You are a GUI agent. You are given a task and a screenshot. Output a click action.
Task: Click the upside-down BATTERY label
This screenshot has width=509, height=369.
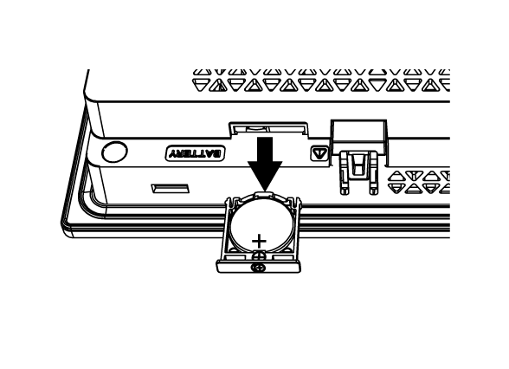(195, 153)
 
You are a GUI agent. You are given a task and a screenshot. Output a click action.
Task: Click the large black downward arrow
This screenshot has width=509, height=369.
(265, 164)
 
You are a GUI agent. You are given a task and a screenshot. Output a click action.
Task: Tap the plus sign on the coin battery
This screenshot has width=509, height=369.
(259, 242)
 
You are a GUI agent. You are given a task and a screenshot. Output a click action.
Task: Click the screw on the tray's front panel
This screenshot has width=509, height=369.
(258, 268)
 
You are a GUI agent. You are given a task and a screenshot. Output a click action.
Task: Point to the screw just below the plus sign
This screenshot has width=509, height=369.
(259, 256)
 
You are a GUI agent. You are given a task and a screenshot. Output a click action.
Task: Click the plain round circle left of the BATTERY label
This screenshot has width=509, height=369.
(114, 152)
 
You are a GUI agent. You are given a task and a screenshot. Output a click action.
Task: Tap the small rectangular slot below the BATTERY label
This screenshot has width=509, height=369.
(170, 189)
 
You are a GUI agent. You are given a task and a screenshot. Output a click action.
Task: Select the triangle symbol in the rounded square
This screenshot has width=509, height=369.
(319, 152)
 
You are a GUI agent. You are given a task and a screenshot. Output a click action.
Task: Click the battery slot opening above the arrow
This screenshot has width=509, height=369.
(268, 129)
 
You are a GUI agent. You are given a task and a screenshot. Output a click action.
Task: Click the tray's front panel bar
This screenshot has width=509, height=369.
(259, 267)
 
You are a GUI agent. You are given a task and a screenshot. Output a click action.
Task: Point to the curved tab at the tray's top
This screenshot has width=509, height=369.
(264, 195)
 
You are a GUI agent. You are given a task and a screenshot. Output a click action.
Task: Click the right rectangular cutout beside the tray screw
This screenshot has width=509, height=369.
(283, 257)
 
